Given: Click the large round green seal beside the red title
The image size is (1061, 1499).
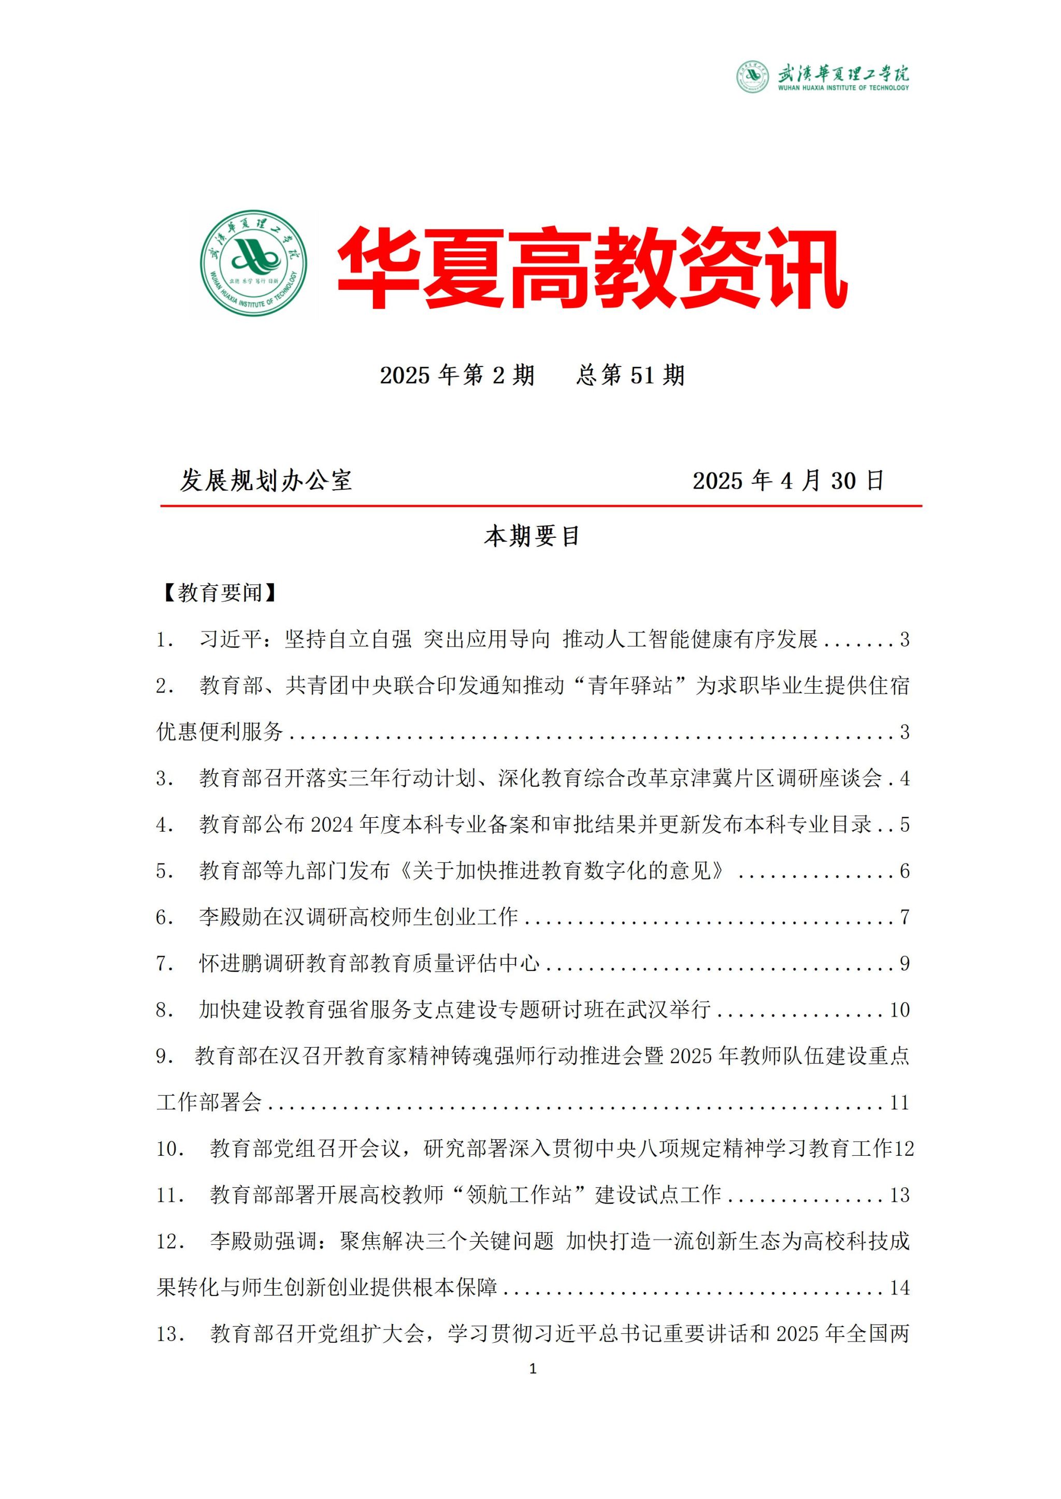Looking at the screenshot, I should [x=253, y=264].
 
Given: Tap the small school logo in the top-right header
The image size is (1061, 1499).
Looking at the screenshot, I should [x=753, y=77].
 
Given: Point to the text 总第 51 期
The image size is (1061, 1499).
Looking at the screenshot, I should [x=630, y=375].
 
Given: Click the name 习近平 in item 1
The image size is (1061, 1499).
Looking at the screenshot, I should [x=231, y=639].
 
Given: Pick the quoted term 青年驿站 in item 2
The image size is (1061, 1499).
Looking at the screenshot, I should [x=630, y=685].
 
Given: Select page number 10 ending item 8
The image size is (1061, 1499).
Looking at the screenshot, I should [x=900, y=1010].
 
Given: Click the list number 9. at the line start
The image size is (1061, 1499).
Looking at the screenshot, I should [x=165, y=1056].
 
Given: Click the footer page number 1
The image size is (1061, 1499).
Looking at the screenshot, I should [x=533, y=1369].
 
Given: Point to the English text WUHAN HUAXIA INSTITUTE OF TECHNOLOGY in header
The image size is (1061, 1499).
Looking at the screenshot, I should [x=843, y=87].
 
